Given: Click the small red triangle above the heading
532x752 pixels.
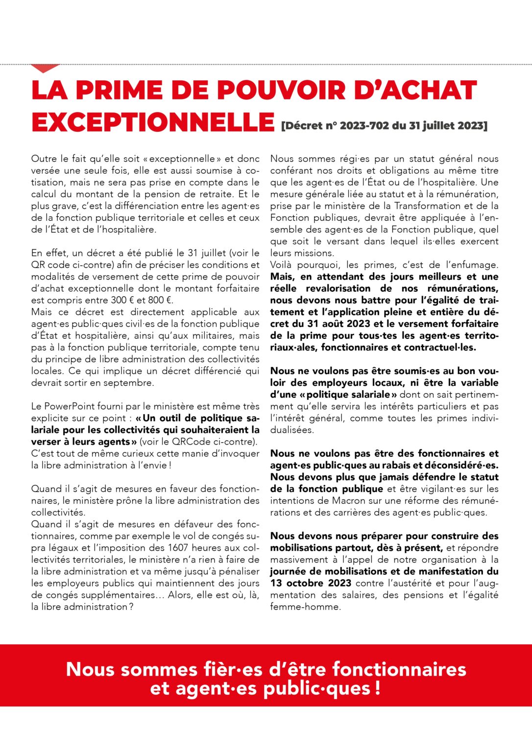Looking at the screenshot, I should tap(45, 68).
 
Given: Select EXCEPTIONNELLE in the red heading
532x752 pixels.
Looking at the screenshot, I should tap(153, 122).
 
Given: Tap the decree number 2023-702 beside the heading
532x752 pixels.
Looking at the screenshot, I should tap(364, 126).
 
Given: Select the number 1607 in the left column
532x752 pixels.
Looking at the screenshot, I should tap(178, 548).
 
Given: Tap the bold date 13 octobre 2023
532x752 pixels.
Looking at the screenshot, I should tap(311, 583).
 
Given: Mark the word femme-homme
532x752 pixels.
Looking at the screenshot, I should tap(305, 607).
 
